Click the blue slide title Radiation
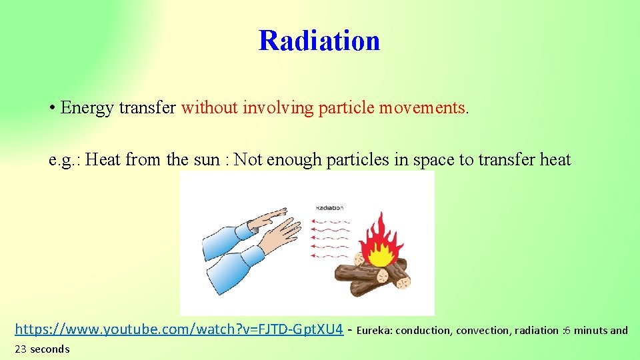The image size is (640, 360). click(x=319, y=40)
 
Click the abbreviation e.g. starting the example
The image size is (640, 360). click(x=64, y=159)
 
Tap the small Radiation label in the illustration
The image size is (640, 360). click(x=329, y=207)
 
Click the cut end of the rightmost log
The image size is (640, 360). click(x=403, y=281)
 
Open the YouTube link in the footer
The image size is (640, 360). click(x=179, y=329)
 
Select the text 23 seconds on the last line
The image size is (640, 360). click(x=42, y=349)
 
